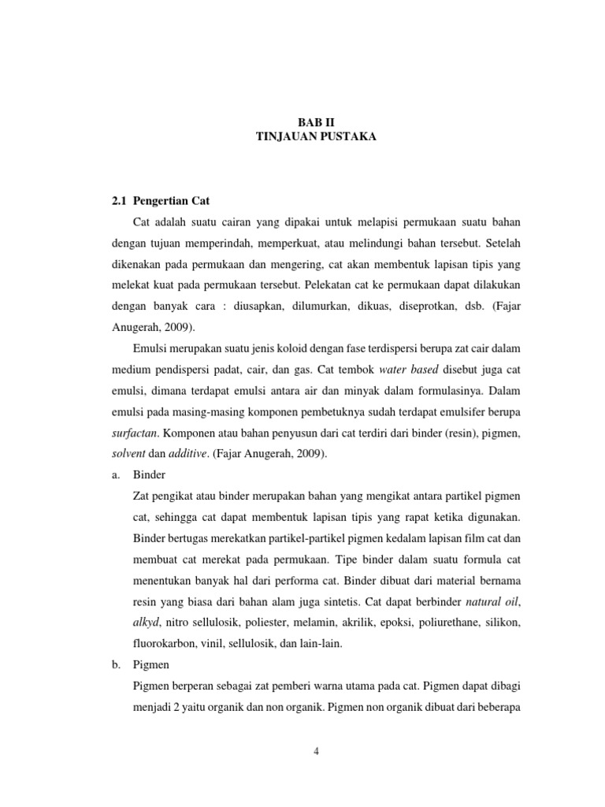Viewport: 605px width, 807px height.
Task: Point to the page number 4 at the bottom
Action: pos(315,751)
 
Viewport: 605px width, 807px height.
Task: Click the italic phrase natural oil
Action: pos(494,602)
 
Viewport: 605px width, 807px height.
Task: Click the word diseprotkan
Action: pos(396,307)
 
